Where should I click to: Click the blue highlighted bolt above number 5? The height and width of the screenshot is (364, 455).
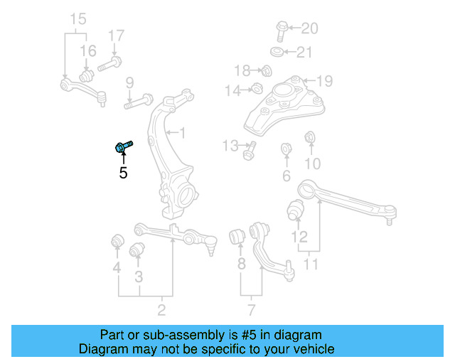click(122, 146)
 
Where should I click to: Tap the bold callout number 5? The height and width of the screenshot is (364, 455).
click(123, 172)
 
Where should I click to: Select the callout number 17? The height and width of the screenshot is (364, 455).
click(116, 36)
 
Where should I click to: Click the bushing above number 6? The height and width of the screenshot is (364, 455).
click(287, 149)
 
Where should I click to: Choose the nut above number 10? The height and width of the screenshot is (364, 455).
click(310, 136)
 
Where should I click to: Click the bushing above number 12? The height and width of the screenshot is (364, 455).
click(296, 210)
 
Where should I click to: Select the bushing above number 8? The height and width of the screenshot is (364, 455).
click(238, 235)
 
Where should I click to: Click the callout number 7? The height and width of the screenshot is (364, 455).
click(251, 309)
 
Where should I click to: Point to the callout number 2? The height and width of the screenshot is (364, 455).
click(161, 309)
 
